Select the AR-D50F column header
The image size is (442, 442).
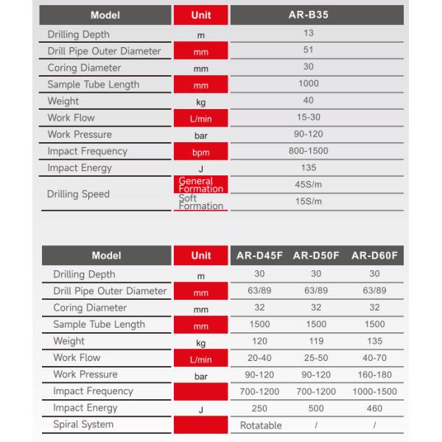[x=315, y=256]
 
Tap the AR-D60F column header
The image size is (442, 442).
[x=374, y=256]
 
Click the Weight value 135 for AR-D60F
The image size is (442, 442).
[x=374, y=342]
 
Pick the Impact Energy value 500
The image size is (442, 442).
[x=316, y=408]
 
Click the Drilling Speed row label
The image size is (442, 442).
[x=78, y=194]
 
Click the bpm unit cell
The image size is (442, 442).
[x=200, y=152]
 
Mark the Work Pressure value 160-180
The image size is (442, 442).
[x=374, y=375]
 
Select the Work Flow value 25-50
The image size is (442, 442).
[x=316, y=358]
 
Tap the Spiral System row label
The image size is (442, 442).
[x=83, y=424]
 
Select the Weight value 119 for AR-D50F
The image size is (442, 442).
[x=316, y=342]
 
